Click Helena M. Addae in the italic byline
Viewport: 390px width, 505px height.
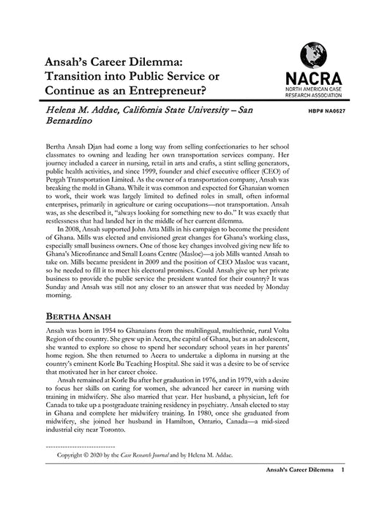pyautogui.click(x=81, y=111)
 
